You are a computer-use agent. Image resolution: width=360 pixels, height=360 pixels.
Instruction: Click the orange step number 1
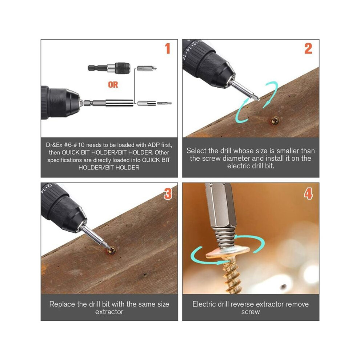point(168,49)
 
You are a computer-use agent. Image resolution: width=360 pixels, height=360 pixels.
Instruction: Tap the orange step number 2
point(308,49)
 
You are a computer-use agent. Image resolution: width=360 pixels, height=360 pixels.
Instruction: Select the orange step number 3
point(168,193)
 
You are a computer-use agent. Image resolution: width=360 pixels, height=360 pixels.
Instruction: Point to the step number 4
point(308,193)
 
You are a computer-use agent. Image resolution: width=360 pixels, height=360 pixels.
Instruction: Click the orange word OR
point(113,85)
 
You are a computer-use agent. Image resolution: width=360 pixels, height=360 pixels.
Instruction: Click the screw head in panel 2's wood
point(275,120)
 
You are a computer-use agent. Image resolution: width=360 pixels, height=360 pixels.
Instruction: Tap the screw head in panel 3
point(112,251)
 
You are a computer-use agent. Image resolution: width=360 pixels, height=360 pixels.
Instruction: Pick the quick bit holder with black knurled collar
point(109,68)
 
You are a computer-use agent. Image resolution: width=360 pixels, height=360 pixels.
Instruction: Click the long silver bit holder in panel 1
point(108,103)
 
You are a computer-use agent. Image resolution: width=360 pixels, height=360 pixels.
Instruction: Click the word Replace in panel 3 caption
point(62,304)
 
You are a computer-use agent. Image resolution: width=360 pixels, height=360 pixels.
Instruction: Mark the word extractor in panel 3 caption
point(109,312)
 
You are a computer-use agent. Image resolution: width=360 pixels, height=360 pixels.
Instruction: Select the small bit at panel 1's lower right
point(164,103)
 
